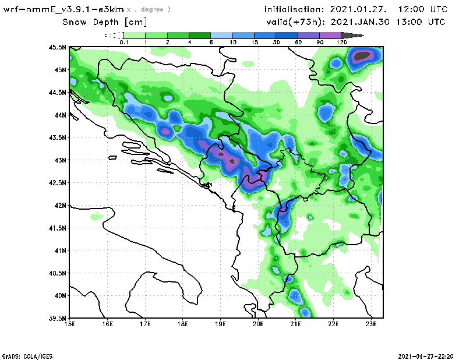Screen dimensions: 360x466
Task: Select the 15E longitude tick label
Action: pos(70,324)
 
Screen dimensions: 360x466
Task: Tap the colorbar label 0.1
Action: pos(123,43)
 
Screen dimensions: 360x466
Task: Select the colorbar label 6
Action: pos(211,43)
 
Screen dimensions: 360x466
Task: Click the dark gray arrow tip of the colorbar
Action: pos(358,36)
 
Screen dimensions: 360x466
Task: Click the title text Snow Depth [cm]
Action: pos(105,22)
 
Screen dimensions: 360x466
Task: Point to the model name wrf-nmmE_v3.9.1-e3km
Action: pos(63,9)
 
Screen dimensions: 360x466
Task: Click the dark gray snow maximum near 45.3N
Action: pos(363,56)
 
